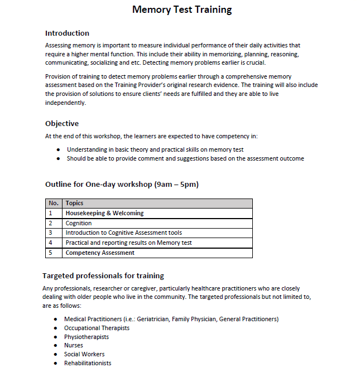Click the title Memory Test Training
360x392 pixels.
pos(182,9)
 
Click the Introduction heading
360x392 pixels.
pos(67,33)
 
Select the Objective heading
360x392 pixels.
pos(62,123)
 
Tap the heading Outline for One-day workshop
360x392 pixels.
pos(122,184)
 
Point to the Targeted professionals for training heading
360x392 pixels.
pos(103,275)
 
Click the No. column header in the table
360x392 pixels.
pos(53,203)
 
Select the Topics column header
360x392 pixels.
pos(74,203)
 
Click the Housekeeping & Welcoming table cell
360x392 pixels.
pos(104,213)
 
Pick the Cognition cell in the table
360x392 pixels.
pos(79,223)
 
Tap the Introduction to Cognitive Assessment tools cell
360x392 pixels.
pos(123,233)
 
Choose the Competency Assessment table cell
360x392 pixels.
pos(100,253)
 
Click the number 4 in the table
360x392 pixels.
pos(50,243)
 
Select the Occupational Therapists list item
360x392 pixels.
pos(97,328)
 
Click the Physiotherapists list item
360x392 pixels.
pos(87,337)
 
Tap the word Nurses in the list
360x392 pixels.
pos(74,345)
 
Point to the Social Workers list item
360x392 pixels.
pos(84,354)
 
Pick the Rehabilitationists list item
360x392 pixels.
pos(88,363)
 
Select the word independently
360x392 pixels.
pos(65,103)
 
